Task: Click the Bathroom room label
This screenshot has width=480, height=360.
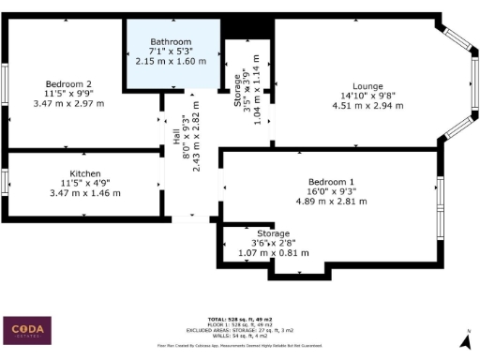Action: tap(171, 42)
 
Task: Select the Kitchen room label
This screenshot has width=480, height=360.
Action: tap(85, 173)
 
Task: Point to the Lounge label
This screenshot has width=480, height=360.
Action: tap(367, 85)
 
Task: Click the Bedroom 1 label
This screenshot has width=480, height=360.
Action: tap(332, 181)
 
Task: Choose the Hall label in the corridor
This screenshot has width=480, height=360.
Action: tap(176, 136)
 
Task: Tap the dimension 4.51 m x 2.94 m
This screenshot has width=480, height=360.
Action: tap(367, 106)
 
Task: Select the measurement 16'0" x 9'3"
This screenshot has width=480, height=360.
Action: tap(332, 190)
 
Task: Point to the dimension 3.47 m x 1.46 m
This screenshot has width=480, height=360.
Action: tap(85, 192)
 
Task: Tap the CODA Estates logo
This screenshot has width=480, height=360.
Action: tap(30, 330)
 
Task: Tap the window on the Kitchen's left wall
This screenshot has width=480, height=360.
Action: tap(5, 178)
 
